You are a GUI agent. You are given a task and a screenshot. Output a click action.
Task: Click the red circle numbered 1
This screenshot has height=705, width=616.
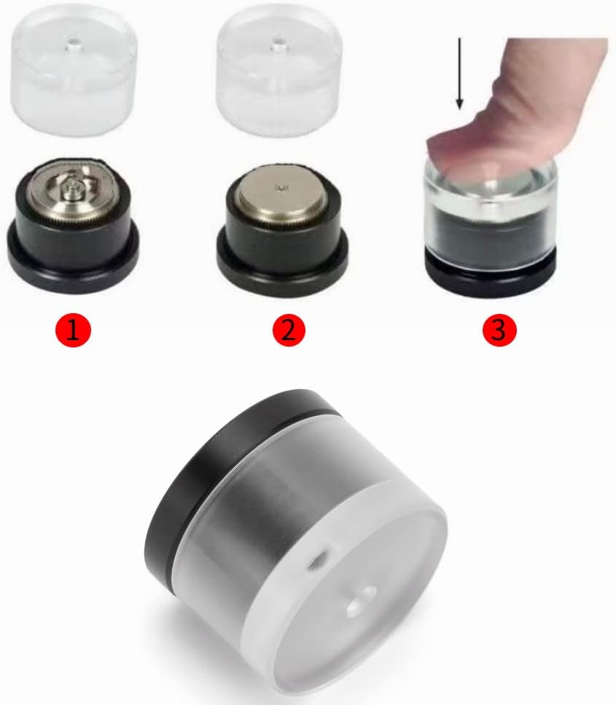pos(73,331)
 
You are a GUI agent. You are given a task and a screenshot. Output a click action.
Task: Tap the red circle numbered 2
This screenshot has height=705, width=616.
pos(289,330)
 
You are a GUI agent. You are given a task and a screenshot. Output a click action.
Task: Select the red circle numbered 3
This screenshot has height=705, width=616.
pos(499,330)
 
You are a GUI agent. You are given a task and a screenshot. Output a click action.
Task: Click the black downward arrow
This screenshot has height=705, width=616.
pos(459,74)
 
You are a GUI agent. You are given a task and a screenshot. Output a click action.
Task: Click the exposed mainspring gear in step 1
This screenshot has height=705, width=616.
pos(72,189)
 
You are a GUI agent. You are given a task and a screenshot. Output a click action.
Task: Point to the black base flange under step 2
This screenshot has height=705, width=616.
pos(283,265)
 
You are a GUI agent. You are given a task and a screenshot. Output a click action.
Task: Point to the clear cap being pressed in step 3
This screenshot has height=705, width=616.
pos(491,216)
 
